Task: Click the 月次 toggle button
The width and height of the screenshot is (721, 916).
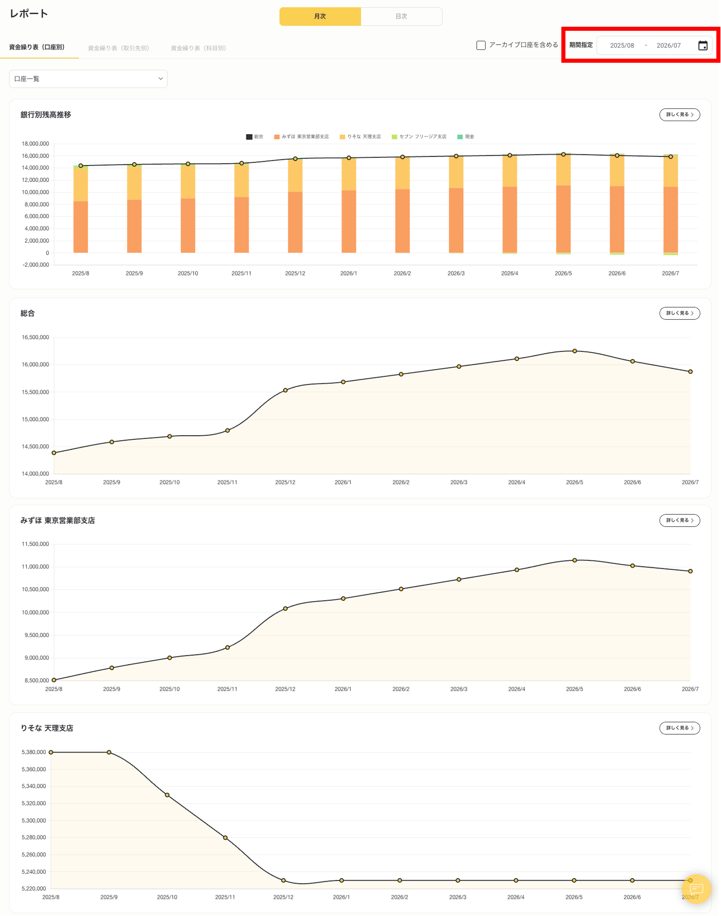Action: pyautogui.click(x=320, y=17)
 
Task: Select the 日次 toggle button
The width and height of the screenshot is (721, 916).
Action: pyautogui.click(x=401, y=17)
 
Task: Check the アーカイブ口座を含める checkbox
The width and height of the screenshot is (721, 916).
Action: pyautogui.click(x=481, y=45)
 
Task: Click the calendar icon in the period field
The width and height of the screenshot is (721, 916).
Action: pyautogui.click(x=702, y=46)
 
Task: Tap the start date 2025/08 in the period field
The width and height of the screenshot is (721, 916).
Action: pyautogui.click(x=622, y=46)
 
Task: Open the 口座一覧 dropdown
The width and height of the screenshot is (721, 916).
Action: pyautogui.click(x=88, y=79)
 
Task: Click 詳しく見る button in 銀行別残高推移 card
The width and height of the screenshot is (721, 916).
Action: pyautogui.click(x=679, y=114)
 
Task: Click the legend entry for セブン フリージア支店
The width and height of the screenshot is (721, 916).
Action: pyautogui.click(x=419, y=137)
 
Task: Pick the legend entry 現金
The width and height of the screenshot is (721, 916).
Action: pyautogui.click(x=466, y=137)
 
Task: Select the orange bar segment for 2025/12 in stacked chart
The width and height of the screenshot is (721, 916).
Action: pyautogui.click(x=295, y=222)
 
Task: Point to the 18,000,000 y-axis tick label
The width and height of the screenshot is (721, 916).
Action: pyautogui.click(x=35, y=144)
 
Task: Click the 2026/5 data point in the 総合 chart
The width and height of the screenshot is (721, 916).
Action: pyautogui.click(x=574, y=351)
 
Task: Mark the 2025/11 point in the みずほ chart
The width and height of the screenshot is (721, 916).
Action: pyautogui.click(x=228, y=647)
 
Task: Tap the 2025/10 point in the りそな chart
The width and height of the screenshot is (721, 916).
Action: pyautogui.click(x=167, y=795)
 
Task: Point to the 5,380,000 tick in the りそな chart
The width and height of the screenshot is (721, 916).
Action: pyautogui.click(x=34, y=752)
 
